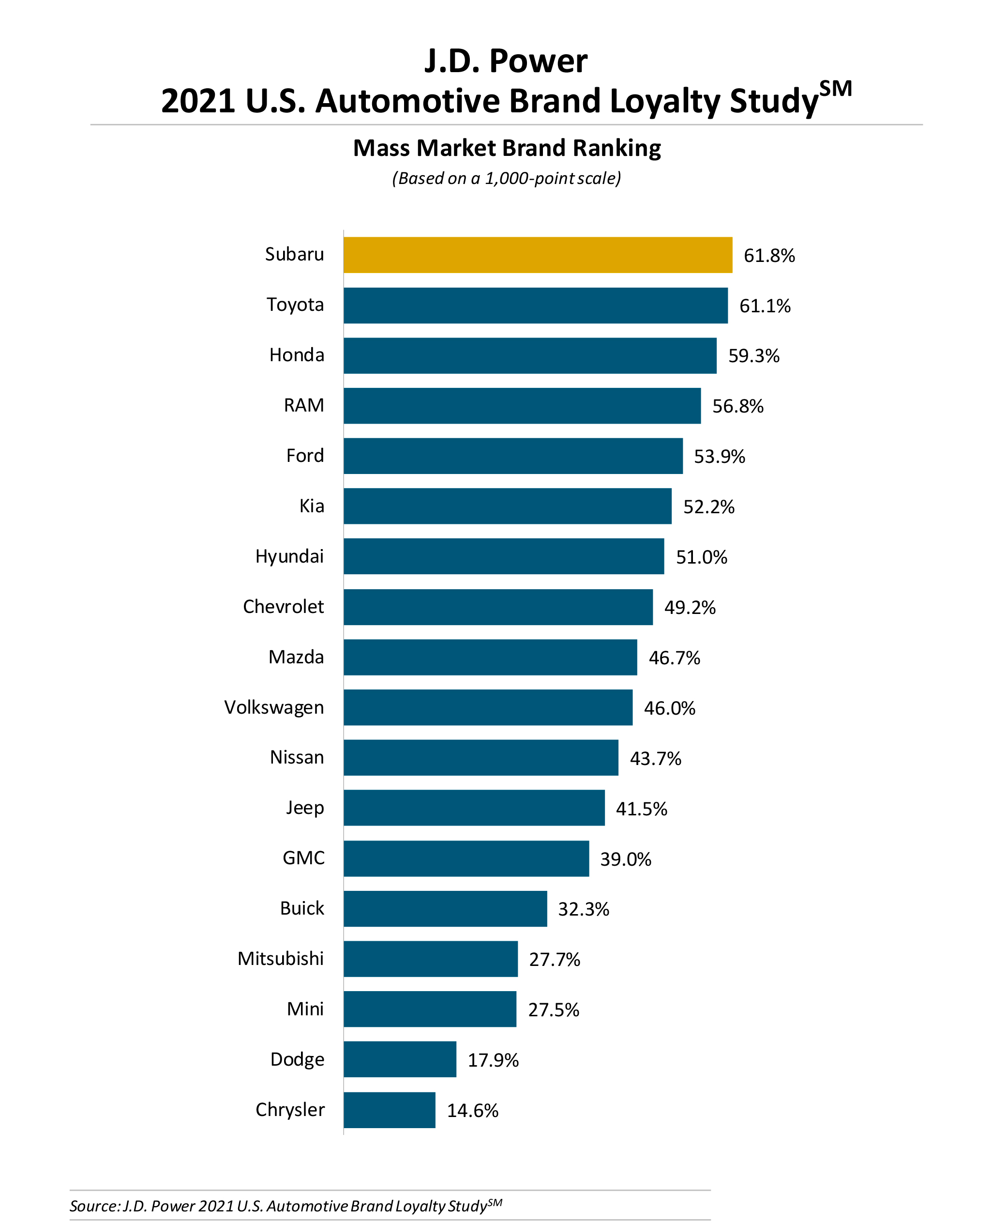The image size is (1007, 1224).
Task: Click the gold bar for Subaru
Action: [x=537, y=255]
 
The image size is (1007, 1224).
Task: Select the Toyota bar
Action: [x=535, y=306]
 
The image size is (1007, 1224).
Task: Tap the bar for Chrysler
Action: [x=389, y=1110]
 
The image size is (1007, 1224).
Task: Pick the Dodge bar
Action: [x=400, y=1059]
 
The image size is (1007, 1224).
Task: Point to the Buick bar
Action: [x=445, y=908]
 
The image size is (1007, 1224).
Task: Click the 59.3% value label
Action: [x=753, y=356]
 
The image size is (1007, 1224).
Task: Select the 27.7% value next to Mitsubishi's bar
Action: [x=555, y=959]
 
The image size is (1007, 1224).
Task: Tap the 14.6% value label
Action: [x=472, y=1110]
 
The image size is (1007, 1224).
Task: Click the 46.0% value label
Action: [x=669, y=708]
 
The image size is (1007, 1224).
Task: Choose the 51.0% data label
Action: [x=701, y=557]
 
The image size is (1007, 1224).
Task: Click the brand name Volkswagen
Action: [x=274, y=707]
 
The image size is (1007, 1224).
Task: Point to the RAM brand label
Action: [x=303, y=405]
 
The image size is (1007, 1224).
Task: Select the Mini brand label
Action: [x=305, y=1009]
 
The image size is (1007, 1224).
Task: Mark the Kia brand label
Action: [x=312, y=506]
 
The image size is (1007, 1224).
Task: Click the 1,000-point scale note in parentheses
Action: [x=506, y=178]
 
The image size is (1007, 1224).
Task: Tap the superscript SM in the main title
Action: [x=835, y=89]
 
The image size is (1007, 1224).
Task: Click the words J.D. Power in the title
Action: [x=506, y=61]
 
